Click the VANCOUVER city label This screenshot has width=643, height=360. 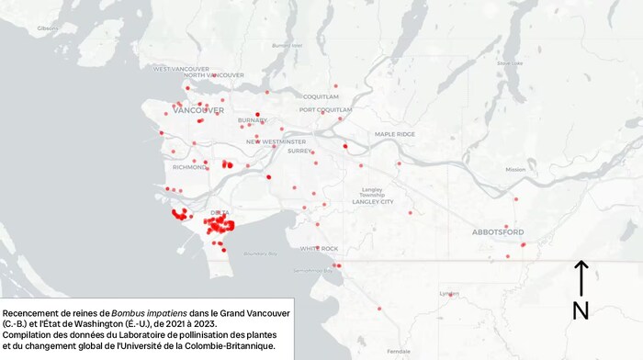198,110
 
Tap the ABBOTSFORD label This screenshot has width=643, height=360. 497,232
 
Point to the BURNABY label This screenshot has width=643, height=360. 252,120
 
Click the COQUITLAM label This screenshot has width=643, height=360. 321,96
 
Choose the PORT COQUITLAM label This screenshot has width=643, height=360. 325,110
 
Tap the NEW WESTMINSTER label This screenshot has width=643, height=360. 276,142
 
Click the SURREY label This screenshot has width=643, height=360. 299,152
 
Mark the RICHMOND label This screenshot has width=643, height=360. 189,167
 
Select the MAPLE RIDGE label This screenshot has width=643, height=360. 395,135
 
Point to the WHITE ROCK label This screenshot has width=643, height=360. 320,249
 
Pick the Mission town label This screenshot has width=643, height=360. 515,169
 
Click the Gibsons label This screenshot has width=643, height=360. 48,28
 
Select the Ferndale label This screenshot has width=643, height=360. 399,352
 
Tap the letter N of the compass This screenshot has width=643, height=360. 581,311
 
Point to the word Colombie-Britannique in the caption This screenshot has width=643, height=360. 223,345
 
